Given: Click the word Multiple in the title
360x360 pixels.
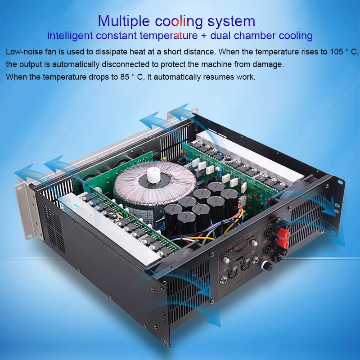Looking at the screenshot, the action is coord(123,21).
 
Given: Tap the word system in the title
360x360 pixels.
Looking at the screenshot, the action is coord(231,22).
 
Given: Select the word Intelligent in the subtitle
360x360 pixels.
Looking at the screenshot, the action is coord(70,36).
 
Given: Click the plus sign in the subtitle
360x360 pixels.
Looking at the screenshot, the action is coord(204,36).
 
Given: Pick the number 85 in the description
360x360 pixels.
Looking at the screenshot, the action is coord(125,77).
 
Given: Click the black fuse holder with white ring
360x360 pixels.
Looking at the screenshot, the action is coord(267,266).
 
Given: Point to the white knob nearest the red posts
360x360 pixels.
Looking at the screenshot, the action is coord(254,243).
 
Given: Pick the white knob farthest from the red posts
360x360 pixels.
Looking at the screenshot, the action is coord(226,261).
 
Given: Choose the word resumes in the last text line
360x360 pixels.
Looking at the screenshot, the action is coord(218,77).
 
